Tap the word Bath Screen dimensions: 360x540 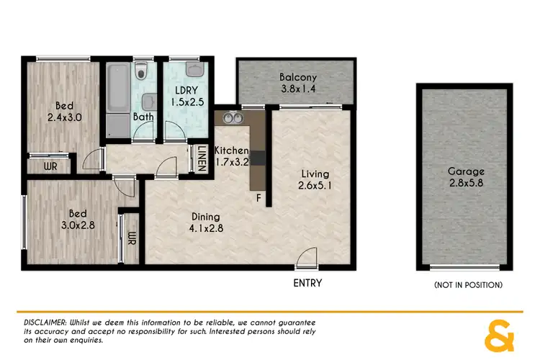[x=141, y=117]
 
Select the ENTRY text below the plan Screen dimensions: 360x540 [x=307, y=283]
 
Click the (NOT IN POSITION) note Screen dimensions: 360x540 [x=468, y=285]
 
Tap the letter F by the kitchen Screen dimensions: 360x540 [x=258, y=197]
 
